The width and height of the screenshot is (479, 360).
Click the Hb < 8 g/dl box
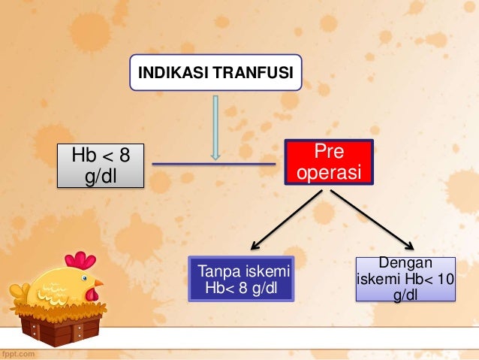click(x=100, y=166)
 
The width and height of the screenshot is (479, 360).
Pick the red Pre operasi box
click(x=329, y=162)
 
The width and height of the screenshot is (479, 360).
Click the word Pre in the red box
click(x=329, y=153)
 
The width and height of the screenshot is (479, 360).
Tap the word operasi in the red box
click(x=329, y=173)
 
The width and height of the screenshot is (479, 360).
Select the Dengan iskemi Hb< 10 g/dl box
click(x=406, y=279)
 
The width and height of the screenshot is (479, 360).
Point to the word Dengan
click(x=406, y=263)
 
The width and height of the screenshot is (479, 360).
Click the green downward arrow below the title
click(x=216, y=128)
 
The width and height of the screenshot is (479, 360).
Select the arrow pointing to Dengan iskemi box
click(x=372, y=219)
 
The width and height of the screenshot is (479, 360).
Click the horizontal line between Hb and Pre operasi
click(x=214, y=163)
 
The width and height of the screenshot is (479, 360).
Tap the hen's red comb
click(x=81, y=261)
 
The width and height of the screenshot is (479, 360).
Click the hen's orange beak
click(x=98, y=283)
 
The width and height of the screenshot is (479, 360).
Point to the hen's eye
click(x=86, y=280)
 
